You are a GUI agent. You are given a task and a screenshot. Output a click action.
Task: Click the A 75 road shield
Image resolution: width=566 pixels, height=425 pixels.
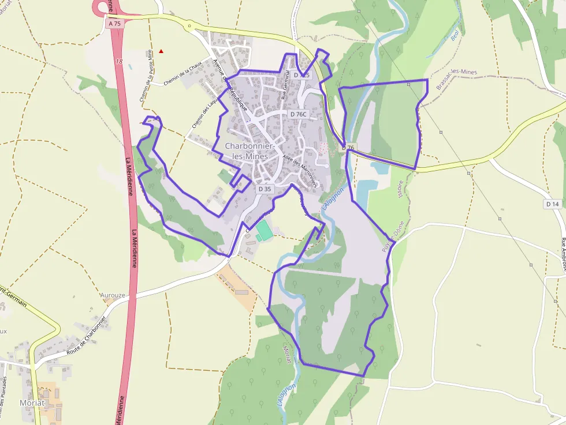[114, 24]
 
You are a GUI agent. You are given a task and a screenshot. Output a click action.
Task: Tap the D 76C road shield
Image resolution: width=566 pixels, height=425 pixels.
[299, 114]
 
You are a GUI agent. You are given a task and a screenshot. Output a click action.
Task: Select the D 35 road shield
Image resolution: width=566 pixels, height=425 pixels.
[265, 189]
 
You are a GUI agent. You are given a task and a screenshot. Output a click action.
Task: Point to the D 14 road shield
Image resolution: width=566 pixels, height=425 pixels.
[552, 204]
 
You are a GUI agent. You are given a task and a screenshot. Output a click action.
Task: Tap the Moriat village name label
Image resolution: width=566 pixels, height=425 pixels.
[32, 403]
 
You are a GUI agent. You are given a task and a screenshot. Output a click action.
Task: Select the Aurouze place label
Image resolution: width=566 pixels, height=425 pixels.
[113, 295]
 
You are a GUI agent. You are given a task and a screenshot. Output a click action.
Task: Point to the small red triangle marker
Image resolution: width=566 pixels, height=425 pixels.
[161, 51]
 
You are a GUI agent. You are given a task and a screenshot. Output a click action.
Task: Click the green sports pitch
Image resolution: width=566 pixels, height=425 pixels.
[265, 231]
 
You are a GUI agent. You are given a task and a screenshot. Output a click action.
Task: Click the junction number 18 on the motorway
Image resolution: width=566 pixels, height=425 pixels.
[119, 61]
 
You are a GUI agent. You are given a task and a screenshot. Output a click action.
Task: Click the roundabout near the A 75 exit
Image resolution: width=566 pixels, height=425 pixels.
[188, 25]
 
